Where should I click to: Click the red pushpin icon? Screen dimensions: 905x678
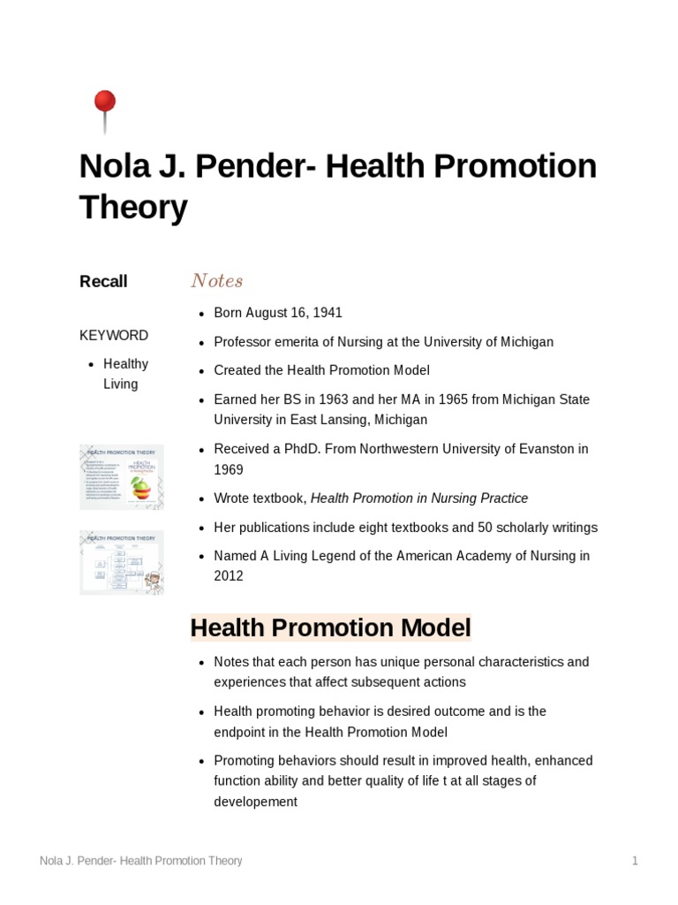point(104,104)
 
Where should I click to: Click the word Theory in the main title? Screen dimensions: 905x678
point(133,209)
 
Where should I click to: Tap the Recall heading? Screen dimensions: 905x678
point(103,281)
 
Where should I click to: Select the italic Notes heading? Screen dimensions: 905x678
point(216,281)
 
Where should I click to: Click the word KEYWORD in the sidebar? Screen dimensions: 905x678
point(114,335)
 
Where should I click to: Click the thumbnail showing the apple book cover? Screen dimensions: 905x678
point(122,477)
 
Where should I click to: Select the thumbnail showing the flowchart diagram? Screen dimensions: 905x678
point(122,562)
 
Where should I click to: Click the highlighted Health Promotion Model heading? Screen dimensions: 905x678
point(331,628)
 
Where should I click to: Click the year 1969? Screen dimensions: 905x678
point(229,469)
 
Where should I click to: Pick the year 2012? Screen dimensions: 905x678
point(229,576)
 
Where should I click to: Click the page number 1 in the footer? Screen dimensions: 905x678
point(634,861)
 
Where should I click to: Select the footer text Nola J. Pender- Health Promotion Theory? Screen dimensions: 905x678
point(141,861)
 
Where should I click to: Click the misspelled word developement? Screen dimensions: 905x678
point(255,802)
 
